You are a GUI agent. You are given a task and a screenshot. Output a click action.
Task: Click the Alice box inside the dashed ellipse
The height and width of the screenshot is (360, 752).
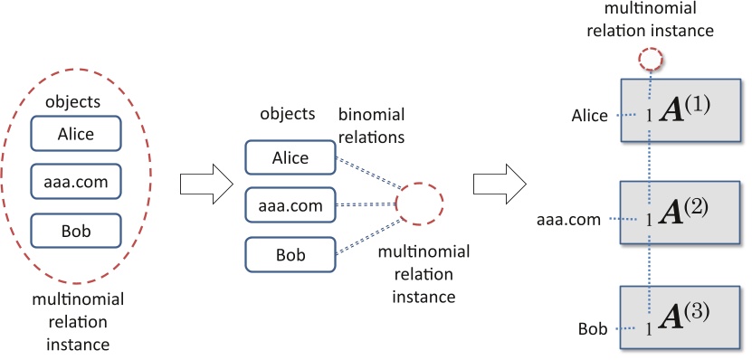click(76, 135)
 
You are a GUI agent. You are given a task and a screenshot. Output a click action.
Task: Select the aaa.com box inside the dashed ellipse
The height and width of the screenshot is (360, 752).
click(76, 182)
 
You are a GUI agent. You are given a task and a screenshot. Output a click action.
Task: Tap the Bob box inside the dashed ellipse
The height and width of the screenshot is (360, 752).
click(76, 230)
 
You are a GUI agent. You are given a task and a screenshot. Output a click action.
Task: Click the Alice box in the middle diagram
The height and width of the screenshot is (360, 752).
click(290, 158)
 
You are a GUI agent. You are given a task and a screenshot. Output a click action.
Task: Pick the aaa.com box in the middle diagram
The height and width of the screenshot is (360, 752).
click(290, 206)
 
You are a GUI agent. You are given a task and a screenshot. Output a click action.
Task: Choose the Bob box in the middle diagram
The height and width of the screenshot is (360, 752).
click(290, 254)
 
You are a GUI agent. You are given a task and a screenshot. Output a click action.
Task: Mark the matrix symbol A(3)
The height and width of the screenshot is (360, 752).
click(685, 316)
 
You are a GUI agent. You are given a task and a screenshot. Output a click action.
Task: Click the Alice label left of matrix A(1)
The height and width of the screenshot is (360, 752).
click(590, 116)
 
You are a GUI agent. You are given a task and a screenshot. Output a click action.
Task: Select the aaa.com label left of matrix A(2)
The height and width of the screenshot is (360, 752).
click(570, 219)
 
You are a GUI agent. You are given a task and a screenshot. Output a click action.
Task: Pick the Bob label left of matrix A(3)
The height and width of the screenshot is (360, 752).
click(593, 327)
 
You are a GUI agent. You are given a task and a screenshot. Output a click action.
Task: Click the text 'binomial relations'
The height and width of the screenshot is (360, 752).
click(371, 127)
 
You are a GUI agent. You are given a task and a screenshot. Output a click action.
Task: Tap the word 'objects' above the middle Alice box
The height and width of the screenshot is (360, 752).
click(287, 115)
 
